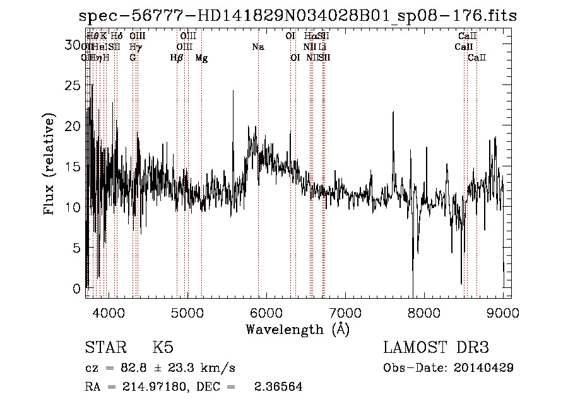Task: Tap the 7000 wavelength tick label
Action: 345,312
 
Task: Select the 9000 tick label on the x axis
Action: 503,312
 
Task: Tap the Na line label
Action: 257,47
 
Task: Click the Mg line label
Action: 201,57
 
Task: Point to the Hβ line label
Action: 177,57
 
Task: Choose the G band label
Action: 133,57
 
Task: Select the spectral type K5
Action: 163,348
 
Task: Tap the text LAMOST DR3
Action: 436,348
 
